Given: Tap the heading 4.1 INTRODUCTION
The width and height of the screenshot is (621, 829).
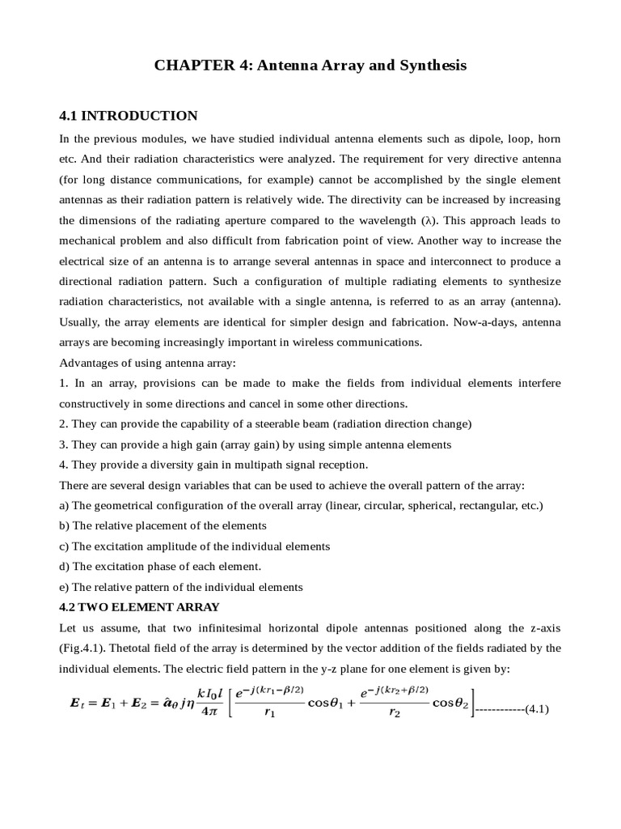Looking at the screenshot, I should coord(129,116).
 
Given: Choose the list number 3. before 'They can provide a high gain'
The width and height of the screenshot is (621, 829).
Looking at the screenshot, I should coord(64,444).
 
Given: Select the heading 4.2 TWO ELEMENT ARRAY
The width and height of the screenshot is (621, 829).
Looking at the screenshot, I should coord(140,606).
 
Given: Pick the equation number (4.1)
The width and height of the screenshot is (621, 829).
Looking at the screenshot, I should coord(537,709).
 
